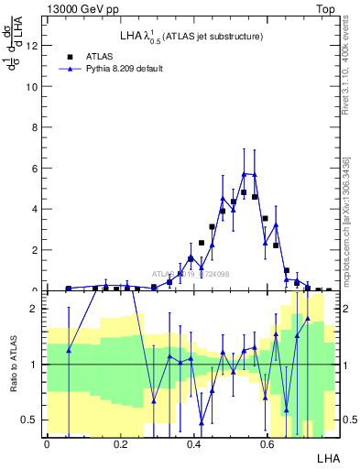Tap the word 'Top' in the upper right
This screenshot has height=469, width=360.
pos(325,8)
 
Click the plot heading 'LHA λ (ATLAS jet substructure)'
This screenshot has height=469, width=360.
pos(191,37)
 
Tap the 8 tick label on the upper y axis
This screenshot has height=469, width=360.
pos(34,127)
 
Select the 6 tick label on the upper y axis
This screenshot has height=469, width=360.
pos(34,169)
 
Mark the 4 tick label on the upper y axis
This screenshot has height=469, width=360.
pos(34,209)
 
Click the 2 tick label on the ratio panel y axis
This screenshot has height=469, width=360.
pos(34,309)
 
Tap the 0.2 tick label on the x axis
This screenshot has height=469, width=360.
pos(120,443)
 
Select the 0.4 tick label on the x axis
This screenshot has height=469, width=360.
pos(193,443)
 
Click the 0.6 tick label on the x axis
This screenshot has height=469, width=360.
pos(267,443)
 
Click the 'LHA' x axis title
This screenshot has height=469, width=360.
pos(327,457)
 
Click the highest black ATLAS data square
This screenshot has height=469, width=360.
pos(244,193)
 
